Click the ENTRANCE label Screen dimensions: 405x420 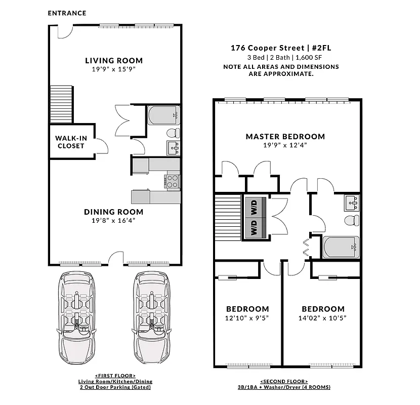tap(67, 13)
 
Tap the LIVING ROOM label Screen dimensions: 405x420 tap(113, 60)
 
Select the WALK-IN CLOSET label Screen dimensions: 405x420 tap(70, 142)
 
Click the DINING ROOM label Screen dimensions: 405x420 tap(113, 212)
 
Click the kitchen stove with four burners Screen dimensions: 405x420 tap(173, 181)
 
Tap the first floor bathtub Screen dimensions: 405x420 tap(163, 115)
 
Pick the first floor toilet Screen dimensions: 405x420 tap(173, 133)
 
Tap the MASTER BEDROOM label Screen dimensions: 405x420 tap(285, 136)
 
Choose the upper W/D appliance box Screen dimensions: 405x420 tap(254, 206)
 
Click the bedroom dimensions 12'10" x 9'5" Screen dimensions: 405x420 tap(247, 318)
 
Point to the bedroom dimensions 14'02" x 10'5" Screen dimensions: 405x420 tap(323, 318)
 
